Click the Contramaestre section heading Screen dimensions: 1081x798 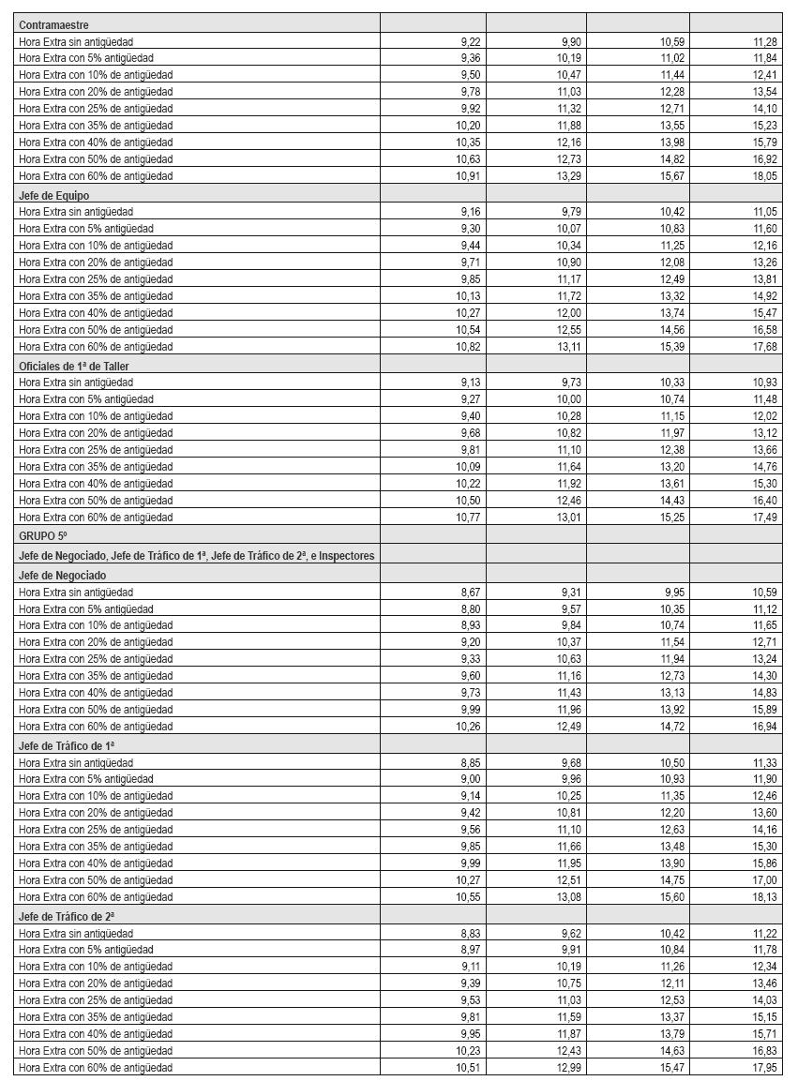(x=53, y=25)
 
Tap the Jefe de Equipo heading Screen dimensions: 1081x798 (x=53, y=195)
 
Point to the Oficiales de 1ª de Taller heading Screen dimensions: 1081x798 (x=74, y=366)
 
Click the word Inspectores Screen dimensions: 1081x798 (x=346, y=556)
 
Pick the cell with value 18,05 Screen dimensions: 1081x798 (x=765, y=176)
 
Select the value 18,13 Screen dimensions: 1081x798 (x=765, y=897)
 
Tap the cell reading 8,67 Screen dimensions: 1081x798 (x=470, y=593)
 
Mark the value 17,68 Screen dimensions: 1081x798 (x=765, y=347)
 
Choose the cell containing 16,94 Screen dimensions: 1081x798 (x=765, y=727)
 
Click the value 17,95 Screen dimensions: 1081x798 (x=765, y=1068)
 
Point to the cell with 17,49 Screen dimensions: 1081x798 (x=765, y=518)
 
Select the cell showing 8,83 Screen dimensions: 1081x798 (x=470, y=934)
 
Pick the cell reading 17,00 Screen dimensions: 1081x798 (x=765, y=880)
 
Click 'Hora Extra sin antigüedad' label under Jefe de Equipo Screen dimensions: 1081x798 (x=76, y=212)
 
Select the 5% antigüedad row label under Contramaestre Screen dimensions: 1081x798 (x=86, y=58)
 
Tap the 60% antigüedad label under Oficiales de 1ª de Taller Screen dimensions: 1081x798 (x=96, y=518)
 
